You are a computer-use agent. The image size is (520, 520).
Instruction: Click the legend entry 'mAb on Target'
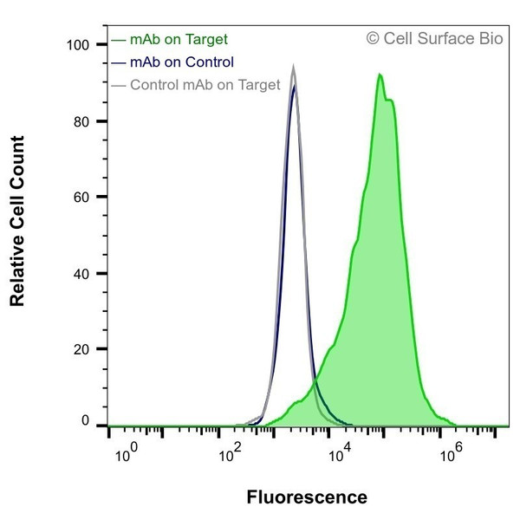pyautogui.click(x=179, y=39)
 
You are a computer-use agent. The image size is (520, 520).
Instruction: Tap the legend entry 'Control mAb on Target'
pyautogui.click(x=205, y=84)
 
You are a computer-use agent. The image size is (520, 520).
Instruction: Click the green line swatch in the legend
pyautogui.click(x=120, y=40)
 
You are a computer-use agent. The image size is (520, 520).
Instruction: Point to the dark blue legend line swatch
pyautogui.click(x=120, y=62)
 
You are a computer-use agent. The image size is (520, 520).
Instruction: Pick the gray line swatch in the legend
pyautogui.click(x=120, y=85)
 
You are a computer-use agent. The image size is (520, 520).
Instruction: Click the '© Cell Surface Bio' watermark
pyautogui.click(x=434, y=38)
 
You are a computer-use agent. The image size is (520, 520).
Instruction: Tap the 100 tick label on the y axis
pyautogui.click(x=79, y=44)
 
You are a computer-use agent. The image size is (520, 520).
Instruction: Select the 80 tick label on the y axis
pyautogui.click(x=82, y=120)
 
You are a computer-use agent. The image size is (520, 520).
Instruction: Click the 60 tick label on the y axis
pyautogui.click(x=82, y=197)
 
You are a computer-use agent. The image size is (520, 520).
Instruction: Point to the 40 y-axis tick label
pyautogui.click(x=82, y=273)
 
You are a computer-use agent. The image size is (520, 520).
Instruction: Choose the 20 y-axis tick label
pyautogui.click(x=82, y=349)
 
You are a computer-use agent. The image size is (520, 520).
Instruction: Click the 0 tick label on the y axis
pyautogui.click(x=86, y=421)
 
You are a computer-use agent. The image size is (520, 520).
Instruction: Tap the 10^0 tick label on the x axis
pyautogui.click(x=126, y=452)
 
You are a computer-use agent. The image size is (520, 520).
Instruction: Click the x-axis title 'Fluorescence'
pyautogui.click(x=307, y=497)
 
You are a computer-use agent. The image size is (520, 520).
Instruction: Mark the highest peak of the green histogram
pyautogui.click(x=380, y=75)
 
